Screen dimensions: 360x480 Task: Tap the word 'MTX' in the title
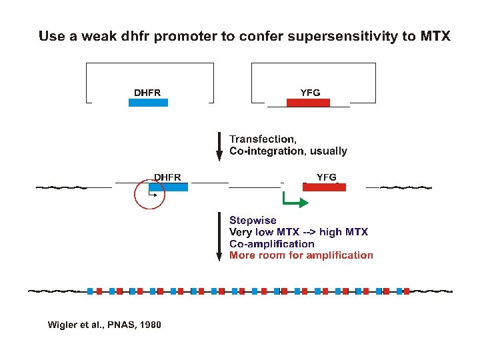click(435, 36)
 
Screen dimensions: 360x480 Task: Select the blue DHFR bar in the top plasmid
click(149, 103)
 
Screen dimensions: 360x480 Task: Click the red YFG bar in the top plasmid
click(308, 103)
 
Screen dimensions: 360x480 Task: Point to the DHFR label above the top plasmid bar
click(147, 92)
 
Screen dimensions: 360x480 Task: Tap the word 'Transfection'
click(263, 139)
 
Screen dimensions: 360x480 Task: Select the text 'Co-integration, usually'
click(288, 151)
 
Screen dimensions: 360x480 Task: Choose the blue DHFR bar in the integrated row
click(169, 187)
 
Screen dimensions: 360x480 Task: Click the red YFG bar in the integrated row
click(324, 187)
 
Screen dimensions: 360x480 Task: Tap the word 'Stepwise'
click(253, 220)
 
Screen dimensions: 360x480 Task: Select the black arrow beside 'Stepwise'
click(219, 237)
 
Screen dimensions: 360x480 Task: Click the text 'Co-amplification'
click(271, 243)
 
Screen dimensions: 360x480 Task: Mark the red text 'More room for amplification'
click(301, 255)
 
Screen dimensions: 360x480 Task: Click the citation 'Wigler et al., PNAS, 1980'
click(104, 325)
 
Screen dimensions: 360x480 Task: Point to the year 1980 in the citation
click(149, 325)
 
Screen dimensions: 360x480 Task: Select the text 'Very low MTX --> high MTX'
click(298, 232)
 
